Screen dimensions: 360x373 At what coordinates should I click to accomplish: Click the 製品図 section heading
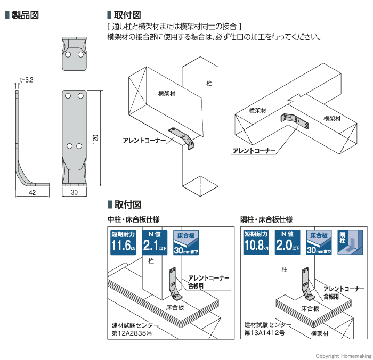25,15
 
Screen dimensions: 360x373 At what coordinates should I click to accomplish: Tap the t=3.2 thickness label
27,80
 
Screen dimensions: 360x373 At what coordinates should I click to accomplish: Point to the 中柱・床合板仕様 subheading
133,219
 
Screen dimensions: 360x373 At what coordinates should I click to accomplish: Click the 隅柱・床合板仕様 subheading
266,219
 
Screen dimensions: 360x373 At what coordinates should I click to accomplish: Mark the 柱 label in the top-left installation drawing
208,84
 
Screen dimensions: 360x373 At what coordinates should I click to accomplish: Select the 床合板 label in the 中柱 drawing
173,307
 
